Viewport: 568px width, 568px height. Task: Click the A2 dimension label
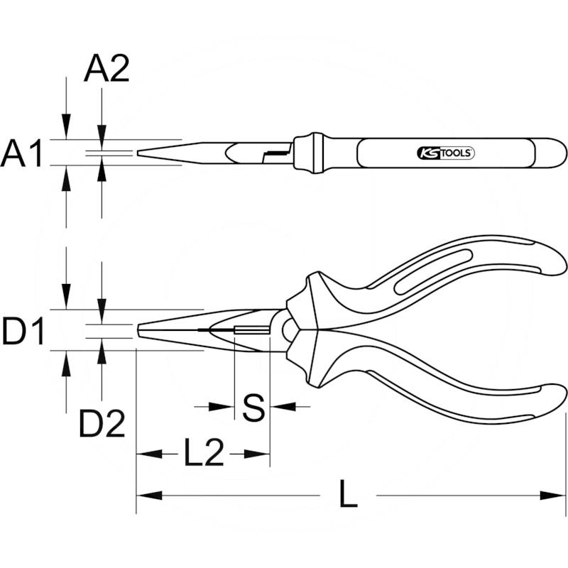coord(106,70)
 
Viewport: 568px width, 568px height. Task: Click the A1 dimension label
coord(23,153)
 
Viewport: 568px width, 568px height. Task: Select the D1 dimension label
coord(23,332)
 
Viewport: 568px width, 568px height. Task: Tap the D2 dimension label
coord(102,424)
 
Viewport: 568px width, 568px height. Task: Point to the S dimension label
coord(253,407)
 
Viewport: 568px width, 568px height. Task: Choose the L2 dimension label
coord(203,453)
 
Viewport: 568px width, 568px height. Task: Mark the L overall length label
coord(347,495)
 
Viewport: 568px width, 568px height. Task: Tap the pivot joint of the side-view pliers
coord(287,329)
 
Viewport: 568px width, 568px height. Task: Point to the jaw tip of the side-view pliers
coord(139,332)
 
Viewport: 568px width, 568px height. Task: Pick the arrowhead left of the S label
coord(225,407)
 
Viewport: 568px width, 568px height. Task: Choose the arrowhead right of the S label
coord(279,407)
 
